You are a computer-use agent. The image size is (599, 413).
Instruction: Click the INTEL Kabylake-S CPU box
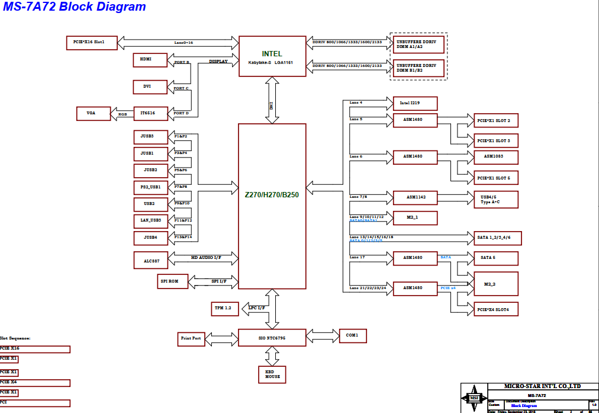click(272, 56)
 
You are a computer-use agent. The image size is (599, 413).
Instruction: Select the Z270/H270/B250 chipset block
click(272, 206)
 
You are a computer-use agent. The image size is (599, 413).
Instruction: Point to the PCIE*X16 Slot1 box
click(91, 43)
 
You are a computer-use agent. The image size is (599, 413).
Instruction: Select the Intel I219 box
click(415, 104)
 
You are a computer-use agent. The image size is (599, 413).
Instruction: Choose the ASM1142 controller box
click(415, 197)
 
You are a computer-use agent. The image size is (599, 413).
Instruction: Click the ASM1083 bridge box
click(496, 157)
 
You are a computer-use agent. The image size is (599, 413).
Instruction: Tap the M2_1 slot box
click(415, 218)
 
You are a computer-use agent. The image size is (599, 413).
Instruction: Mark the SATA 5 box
click(496, 258)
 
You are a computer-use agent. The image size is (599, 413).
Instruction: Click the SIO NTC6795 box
click(272, 338)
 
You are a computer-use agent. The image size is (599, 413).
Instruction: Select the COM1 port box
click(352, 336)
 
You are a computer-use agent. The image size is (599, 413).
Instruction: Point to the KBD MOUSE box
click(272, 374)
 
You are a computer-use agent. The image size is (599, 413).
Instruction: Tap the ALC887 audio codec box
click(150, 260)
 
